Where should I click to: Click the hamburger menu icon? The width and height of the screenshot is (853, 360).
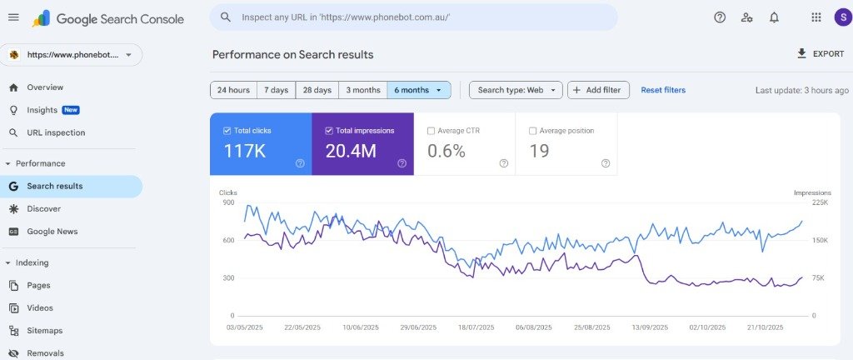coord(13,17)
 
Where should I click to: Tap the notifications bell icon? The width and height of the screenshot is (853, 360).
coord(774,17)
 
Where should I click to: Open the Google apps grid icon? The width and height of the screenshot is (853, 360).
coord(816,17)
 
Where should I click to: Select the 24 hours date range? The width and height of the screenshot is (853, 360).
coord(233,90)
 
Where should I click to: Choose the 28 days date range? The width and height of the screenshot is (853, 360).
coord(317,90)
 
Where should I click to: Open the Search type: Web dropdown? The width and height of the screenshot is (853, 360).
coord(516,90)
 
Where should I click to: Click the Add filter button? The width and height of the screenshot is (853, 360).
coord(598,90)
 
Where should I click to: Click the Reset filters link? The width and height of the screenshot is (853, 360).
coord(663,90)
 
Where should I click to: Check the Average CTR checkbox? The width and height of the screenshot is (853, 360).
coord(431,131)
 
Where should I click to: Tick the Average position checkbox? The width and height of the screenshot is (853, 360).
coord(533,131)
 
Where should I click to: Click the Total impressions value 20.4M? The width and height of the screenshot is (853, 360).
coord(351,151)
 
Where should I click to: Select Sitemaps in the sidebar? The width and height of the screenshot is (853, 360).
coord(44,331)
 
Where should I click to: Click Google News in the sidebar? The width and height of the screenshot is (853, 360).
coord(52,232)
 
